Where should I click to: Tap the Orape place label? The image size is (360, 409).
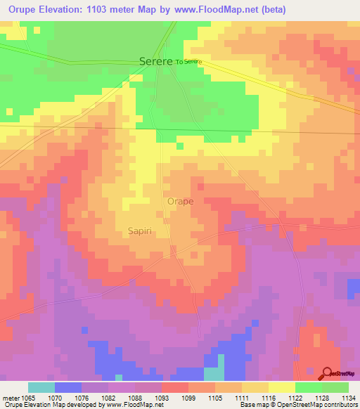180,201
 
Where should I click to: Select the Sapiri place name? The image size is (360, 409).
141,231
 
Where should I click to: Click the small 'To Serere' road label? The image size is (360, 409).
188,62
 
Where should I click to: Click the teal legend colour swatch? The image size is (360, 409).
41,387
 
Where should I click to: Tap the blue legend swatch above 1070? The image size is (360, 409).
68,387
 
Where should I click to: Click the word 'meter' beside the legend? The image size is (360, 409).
11,397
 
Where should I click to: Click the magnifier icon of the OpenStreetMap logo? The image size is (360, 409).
326,372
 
